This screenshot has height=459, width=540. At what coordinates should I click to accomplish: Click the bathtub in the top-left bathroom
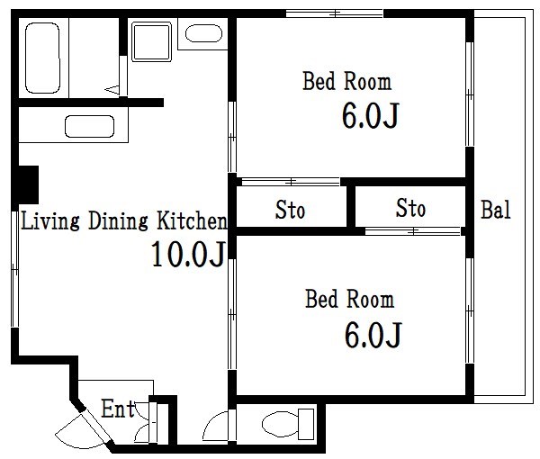(x=42, y=58)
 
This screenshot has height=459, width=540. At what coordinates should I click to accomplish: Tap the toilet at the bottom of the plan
(x=288, y=424)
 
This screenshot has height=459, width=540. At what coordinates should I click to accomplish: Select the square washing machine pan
(x=151, y=41)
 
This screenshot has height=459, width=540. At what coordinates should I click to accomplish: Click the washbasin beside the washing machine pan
(x=203, y=33)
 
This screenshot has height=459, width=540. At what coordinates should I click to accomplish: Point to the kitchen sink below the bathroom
(x=89, y=126)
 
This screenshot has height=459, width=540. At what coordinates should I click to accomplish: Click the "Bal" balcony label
(x=496, y=210)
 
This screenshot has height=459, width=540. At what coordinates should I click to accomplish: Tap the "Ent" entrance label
(x=118, y=409)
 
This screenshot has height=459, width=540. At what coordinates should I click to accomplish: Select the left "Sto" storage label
(x=290, y=210)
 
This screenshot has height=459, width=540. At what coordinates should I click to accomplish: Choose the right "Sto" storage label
(x=410, y=208)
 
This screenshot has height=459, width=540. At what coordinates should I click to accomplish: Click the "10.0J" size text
(x=188, y=254)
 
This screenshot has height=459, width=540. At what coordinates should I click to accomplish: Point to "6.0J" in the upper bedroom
(x=370, y=115)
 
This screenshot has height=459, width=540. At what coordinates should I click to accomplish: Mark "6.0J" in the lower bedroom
(x=373, y=335)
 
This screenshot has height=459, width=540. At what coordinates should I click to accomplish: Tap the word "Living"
(x=50, y=220)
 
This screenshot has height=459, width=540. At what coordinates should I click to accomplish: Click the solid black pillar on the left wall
(x=28, y=184)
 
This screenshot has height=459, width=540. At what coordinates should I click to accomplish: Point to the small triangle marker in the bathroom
(x=112, y=90)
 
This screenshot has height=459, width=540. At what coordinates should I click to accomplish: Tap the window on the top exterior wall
(x=335, y=13)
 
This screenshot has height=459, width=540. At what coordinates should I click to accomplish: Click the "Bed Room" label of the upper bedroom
(x=346, y=81)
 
